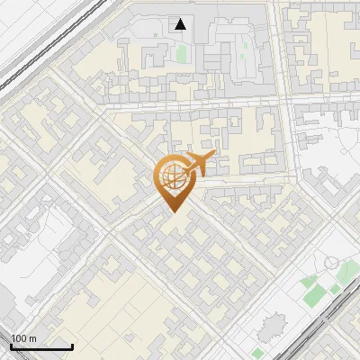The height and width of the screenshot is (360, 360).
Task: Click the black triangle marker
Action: (x=181, y=24)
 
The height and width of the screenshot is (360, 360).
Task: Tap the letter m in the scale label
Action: (x=33, y=338)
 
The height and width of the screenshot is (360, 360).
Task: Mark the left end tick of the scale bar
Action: (x=10, y=346)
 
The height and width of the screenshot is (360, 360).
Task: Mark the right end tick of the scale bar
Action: (x=72, y=346)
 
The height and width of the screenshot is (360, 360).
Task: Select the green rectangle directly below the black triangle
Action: (x=182, y=53)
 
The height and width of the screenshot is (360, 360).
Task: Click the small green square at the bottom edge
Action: (x=258, y=354)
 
